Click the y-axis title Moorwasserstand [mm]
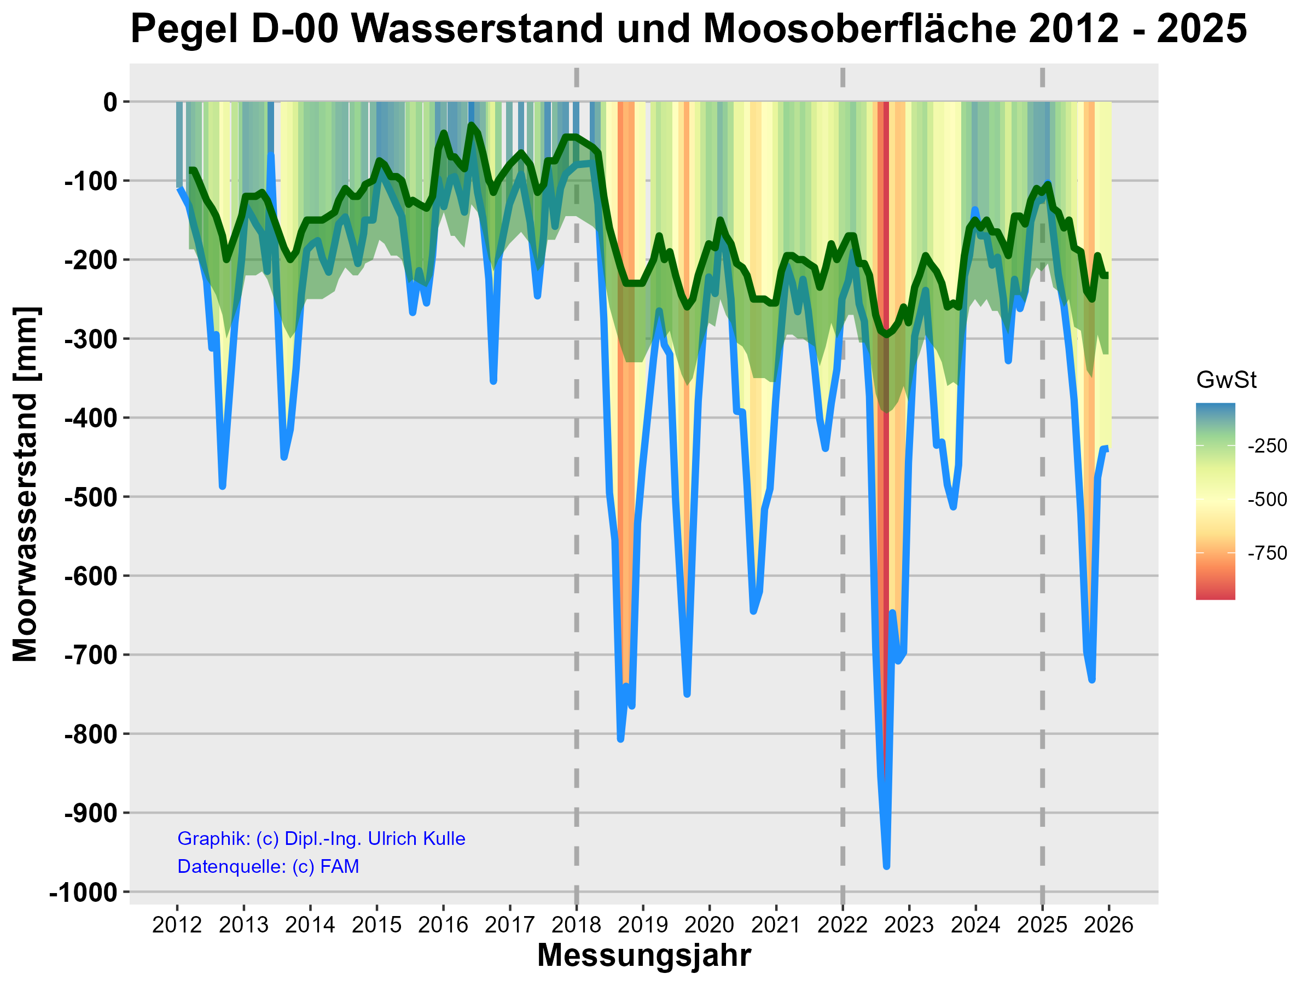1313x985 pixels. click(26, 484)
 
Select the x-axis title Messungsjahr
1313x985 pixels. click(644, 955)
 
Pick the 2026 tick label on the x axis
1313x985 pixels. click(1108, 924)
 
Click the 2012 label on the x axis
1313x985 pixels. click(177, 924)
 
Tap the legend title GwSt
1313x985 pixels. click(1226, 380)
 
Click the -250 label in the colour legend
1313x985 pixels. click(1266, 446)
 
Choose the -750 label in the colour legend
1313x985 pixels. click(1266, 553)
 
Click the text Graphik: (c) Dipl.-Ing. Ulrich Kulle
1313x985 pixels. click(321, 838)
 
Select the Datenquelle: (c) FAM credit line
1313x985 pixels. click(268, 866)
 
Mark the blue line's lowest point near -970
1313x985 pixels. click(886, 866)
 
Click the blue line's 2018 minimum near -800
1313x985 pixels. click(620, 739)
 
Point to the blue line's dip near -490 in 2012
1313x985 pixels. click(223, 486)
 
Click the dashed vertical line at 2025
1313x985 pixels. click(1042, 534)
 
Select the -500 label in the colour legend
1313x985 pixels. click(1266, 499)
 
